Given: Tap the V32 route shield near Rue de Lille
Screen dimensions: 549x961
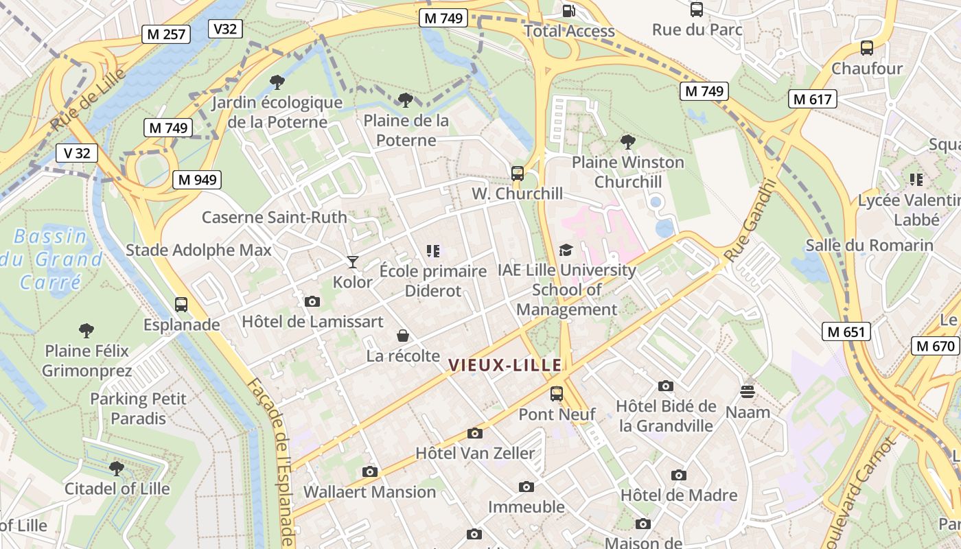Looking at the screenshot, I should click(x=225, y=28).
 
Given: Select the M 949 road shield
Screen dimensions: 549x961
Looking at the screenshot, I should click(x=197, y=180).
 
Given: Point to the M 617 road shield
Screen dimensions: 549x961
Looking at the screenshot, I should click(x=812, y=99).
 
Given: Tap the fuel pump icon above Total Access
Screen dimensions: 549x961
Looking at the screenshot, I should click(x=569, y=10).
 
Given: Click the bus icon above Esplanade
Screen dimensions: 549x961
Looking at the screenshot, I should click(x=181, y=304).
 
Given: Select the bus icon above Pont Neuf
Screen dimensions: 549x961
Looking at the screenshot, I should click(x=557, y=394).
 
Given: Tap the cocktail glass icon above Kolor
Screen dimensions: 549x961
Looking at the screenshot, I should click(x=352, y=261).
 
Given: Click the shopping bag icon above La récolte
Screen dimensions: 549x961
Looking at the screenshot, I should click(x=403, y=336).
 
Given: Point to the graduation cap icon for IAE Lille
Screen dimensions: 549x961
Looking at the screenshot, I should click(x=566, y=250).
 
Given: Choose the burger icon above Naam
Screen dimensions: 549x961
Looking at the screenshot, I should click(x=748, y=392).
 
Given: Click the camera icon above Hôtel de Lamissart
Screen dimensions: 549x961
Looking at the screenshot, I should click(x=312, y=301).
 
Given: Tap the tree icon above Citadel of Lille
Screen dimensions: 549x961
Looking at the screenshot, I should click(x=116, y=468).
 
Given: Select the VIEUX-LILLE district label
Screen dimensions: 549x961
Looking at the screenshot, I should click(x=505, y=365).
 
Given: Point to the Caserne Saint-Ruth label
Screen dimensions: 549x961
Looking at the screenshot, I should click(x=274, y=218).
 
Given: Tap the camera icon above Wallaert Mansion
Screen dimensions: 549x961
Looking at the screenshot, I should click(x=370, y=471).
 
